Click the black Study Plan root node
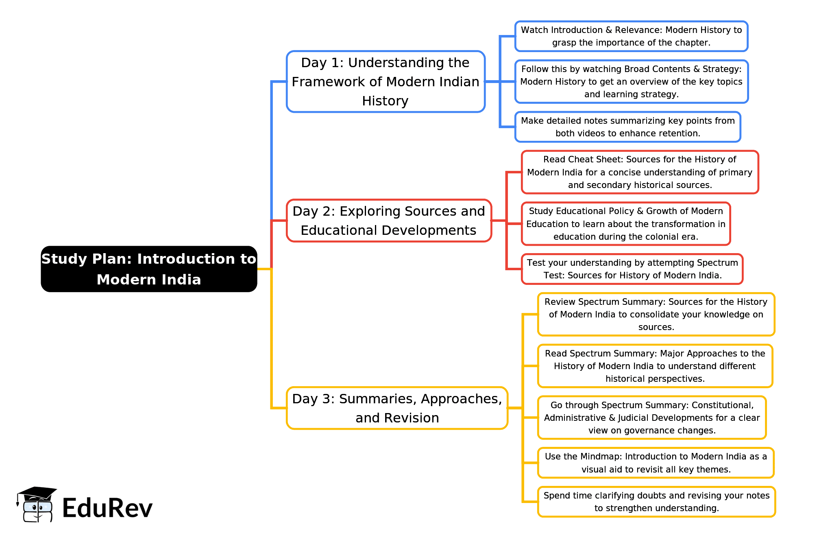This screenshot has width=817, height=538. [x=149, y=269]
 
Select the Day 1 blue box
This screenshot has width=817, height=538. [x=386, y=81]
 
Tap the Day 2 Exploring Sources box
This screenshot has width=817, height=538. [x=389, y=221]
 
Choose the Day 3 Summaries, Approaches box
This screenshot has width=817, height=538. [x=397, y=408]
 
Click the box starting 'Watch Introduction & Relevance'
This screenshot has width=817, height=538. [x=631, y=36]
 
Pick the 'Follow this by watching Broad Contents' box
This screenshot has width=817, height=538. [x=631, y=81]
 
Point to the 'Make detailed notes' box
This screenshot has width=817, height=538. [x=627, y=127]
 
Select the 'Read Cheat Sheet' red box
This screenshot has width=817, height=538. [x=640, y=172]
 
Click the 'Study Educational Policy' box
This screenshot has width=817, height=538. [x=626, y=224]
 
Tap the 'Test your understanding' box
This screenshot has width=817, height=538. [x=632, y=269]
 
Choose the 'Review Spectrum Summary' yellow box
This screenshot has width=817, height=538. [x=656, y=314]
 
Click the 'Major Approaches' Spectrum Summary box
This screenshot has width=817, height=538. [x=655, y=366]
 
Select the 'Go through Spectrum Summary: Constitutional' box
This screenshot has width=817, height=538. [x=652, y=418]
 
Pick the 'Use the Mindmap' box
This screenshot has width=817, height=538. [x=656, y=463]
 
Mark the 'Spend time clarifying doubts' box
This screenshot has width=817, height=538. [x=656, y=502]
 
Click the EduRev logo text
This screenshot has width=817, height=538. [x=107, y=508]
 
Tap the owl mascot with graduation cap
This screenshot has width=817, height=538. [x=37, y=504]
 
